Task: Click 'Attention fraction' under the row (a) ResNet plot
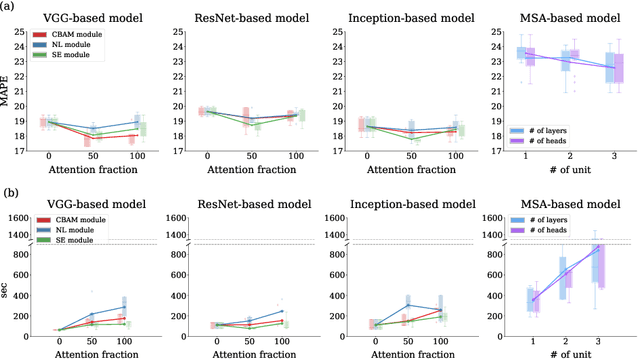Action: click(251, 173)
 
